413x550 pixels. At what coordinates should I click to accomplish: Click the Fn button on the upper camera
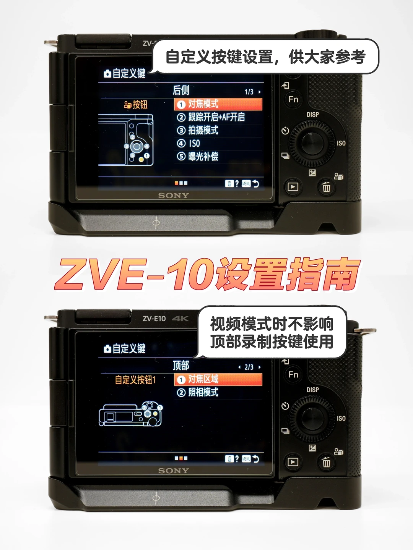coord(293,99)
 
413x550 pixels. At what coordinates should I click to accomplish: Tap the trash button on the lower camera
coord(326,462)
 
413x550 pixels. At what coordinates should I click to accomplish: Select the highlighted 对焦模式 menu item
coord(218,104)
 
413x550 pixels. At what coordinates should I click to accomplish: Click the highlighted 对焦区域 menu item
coord(218,379)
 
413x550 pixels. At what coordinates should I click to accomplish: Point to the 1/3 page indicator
coord(249,92)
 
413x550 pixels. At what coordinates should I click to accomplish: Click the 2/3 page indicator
coord(249,367)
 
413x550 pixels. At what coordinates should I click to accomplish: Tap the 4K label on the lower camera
coord(180,319)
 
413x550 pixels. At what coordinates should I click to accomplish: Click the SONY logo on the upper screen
coord(173,196)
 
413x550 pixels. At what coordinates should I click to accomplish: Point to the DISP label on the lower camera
coord(313,390)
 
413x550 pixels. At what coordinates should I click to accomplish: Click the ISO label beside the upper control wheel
coord(341,143)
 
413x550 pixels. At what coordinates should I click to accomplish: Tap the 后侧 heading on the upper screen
coord(181,90)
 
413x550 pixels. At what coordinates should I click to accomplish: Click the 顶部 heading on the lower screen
coord(181,366)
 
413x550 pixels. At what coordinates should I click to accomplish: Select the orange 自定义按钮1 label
coord(135,380)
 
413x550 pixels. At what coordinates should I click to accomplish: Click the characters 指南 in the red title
coord(324,274)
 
